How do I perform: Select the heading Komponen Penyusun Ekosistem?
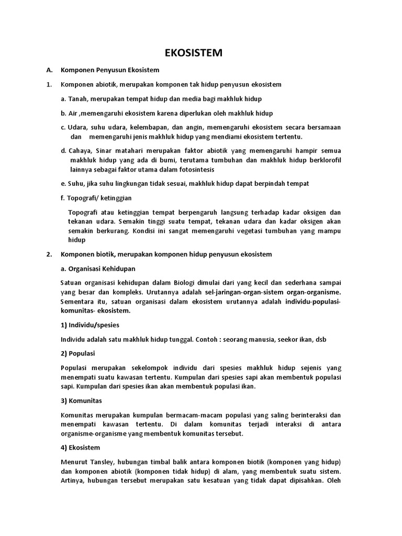110,70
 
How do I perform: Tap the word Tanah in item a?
75,98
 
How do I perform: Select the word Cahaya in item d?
80,151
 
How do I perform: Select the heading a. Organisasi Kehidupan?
98,269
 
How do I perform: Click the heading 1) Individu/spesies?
91,325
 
